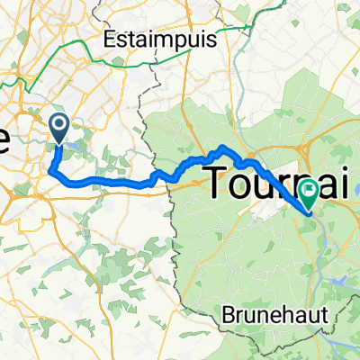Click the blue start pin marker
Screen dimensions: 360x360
(60, 127)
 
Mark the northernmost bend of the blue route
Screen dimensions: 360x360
(222, 146)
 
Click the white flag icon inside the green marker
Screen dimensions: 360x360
(310, 189)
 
